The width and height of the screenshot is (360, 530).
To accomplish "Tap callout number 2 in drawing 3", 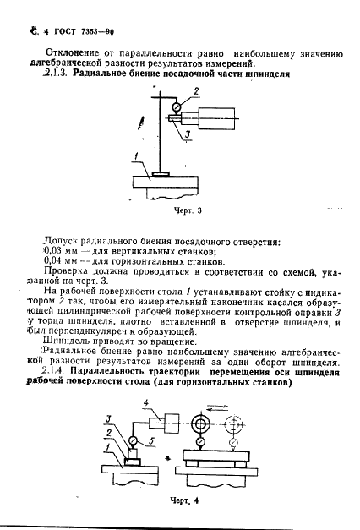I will point(195,90).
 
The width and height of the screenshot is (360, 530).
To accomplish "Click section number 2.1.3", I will point(52,74).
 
